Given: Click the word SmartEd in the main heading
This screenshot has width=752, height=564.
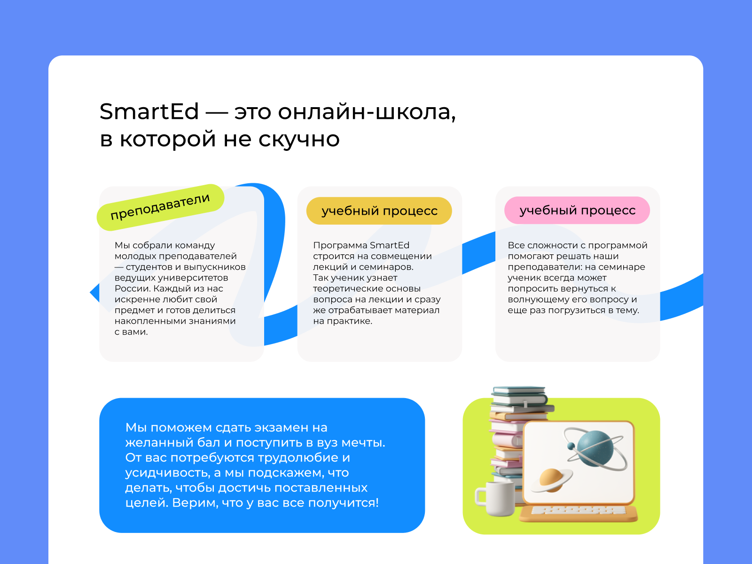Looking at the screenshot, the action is tap(149, 112).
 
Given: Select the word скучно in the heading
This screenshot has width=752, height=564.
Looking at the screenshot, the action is tap(299, 139).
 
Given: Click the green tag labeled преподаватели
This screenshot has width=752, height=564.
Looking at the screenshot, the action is tap(160, 207).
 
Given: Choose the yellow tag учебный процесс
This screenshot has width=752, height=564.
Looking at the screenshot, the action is tap(379, 211).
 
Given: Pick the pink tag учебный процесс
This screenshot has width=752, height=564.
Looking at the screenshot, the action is tap(577, 210).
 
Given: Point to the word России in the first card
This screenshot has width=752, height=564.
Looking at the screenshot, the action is tap(132, 288).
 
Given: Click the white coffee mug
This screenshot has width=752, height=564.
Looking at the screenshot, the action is tap(495, 498).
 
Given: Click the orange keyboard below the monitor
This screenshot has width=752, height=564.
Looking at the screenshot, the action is tap(578, 513).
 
